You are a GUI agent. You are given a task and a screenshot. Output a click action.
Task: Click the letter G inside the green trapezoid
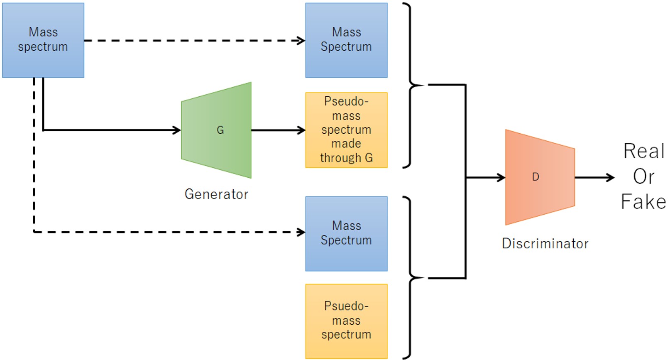220,130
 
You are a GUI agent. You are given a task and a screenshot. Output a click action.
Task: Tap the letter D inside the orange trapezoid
536,177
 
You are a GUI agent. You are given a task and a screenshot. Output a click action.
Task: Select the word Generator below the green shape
216,194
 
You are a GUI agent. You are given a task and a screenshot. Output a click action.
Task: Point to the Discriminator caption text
545,243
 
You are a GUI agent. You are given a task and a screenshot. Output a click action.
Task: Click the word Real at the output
644,151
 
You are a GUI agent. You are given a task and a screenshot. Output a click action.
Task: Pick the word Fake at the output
643,202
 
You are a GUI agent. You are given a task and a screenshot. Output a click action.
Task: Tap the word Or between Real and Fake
643,177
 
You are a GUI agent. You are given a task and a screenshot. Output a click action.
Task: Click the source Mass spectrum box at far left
43,40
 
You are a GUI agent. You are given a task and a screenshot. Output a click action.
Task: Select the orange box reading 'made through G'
346,130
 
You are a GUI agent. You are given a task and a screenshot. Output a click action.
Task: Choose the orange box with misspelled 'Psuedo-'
346,321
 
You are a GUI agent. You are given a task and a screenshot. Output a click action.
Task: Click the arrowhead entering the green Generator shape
177,130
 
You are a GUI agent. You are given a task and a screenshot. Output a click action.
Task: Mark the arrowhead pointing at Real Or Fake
611,178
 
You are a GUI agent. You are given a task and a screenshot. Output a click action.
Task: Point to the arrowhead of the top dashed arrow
301,41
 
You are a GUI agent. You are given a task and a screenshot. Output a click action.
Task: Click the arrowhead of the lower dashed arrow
301,232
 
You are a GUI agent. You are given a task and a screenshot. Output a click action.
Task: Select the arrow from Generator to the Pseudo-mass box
278,130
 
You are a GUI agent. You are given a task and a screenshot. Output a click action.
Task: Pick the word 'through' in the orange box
340,158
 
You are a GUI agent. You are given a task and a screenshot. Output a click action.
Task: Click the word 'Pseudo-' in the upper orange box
346,101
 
